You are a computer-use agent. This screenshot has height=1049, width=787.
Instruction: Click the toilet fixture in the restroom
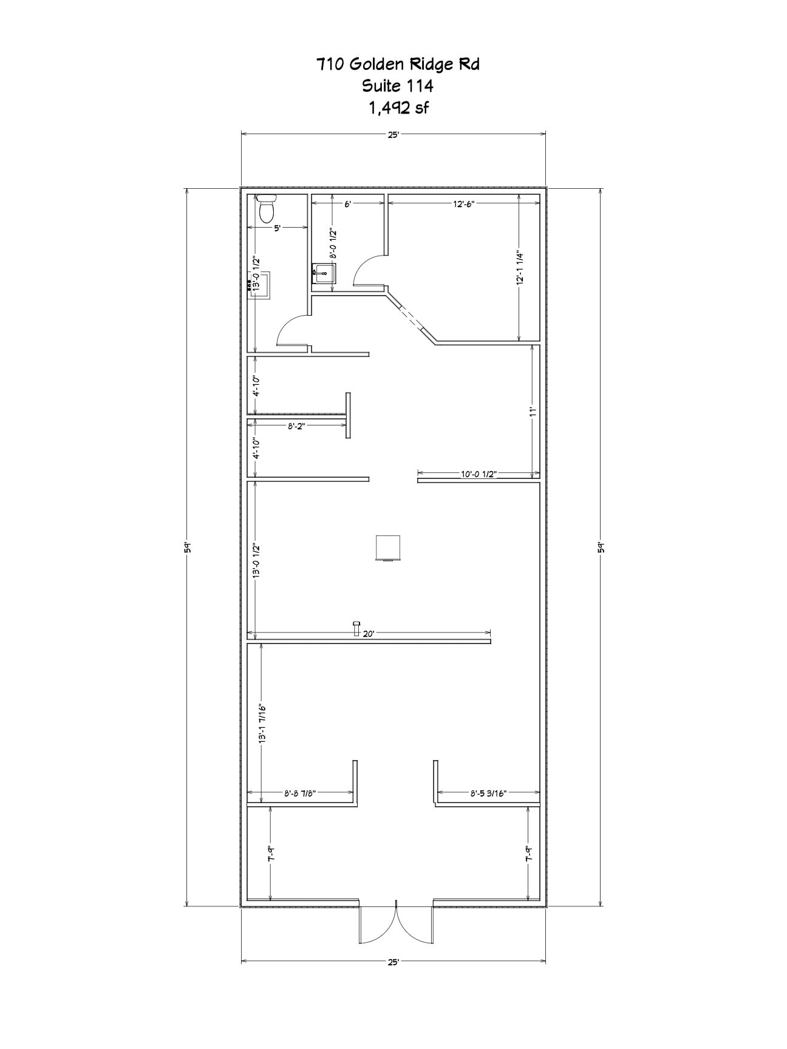266,208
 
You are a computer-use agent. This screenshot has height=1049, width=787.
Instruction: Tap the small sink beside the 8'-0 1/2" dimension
324,273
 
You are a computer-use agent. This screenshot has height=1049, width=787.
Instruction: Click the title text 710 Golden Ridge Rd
398,64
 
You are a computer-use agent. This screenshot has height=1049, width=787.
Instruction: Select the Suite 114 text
398,86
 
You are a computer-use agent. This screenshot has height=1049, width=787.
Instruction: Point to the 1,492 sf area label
398,108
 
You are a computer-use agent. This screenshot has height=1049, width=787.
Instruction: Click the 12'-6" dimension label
463,205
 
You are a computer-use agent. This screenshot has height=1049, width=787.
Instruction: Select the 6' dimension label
347,205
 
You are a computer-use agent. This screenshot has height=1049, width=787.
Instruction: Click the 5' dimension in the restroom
277,228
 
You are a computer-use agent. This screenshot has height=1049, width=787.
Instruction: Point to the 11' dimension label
533,411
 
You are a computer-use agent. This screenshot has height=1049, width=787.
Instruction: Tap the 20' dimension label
369,633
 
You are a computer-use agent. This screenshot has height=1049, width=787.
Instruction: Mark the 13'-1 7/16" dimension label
262,724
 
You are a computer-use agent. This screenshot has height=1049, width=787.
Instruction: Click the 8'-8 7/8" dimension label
301,793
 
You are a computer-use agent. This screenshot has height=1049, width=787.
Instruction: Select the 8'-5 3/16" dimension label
488,793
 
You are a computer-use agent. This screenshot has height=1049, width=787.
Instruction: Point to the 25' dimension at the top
393,135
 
